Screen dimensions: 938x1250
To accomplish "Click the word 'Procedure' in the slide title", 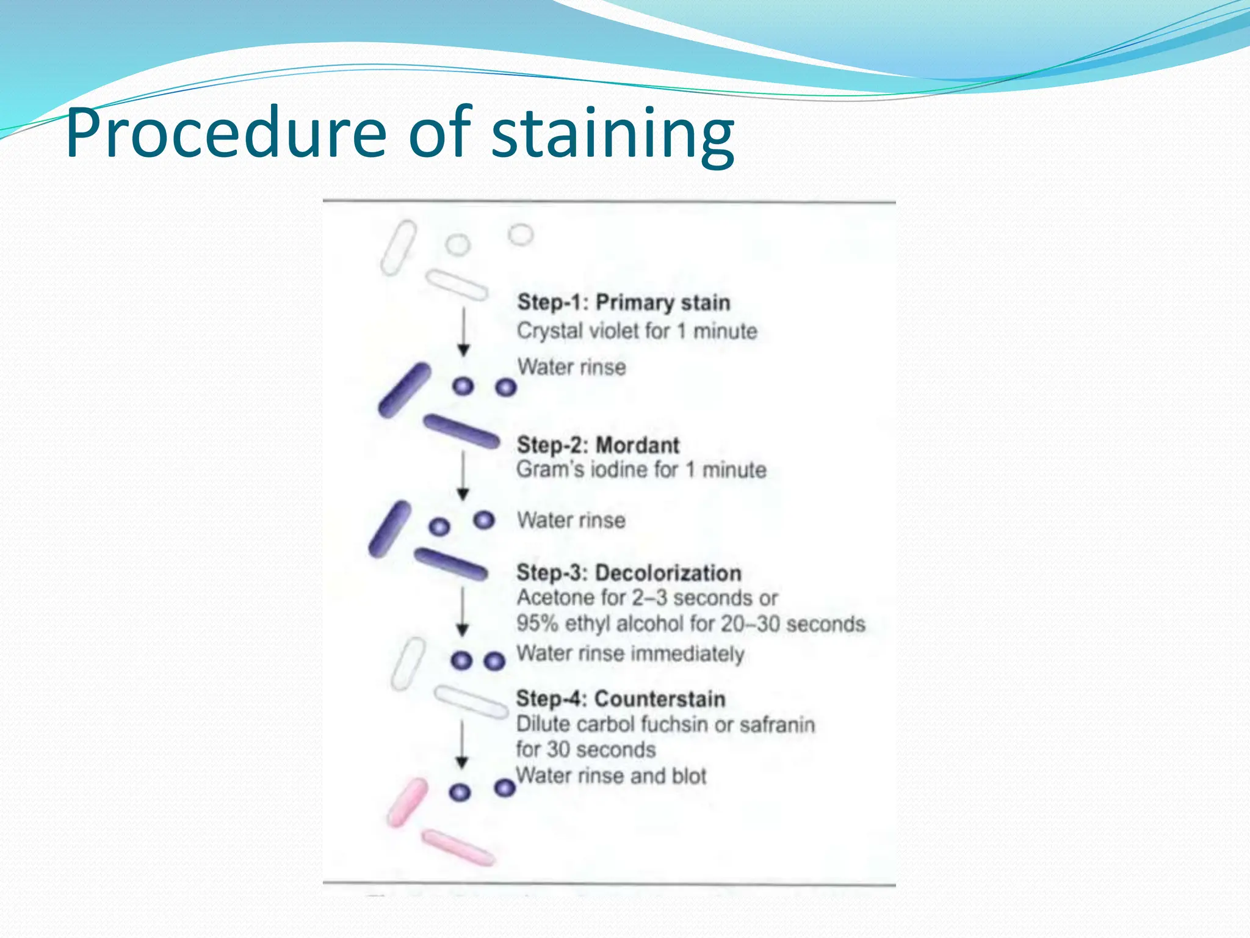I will point(226,133).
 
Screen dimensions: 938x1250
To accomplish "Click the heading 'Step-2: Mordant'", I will point(598,445).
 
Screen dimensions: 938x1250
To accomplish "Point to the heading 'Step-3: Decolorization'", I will point(629,573).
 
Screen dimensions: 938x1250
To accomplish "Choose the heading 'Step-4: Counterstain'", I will point(620,699).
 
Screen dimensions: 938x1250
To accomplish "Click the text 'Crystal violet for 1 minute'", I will point(637,331).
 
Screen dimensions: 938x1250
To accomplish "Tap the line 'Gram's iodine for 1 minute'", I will point(641,470).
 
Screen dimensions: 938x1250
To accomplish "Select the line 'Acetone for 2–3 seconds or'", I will point(647,597).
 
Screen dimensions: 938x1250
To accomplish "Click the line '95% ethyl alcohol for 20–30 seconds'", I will point(690,624).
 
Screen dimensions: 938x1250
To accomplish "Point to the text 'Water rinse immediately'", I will point(630,653).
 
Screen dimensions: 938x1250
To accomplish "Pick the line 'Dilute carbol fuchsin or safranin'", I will point(665,724).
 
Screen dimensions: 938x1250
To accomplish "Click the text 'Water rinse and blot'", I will point(611,776).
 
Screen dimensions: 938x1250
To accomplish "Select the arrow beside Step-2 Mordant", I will point(463,476).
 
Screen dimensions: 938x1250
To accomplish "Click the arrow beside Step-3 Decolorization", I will point(463,611).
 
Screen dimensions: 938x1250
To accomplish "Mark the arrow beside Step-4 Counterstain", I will point(462,744).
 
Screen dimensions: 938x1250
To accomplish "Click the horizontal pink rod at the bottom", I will point(458,847).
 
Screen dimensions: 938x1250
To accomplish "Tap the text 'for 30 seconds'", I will point(585,749).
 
